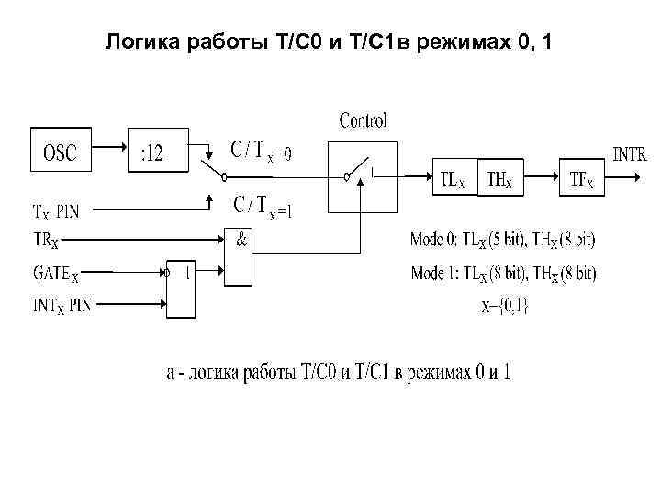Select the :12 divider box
[155, 152]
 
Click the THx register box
[501, 179]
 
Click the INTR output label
[631, 154]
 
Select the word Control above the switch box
[364, 120]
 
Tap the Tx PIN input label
[57, 211]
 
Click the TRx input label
[45, 241]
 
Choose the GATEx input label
[56, 273]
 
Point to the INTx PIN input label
[62, 304]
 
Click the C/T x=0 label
[261, 150]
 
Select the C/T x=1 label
[263, 207]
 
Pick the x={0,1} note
[506, 306]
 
